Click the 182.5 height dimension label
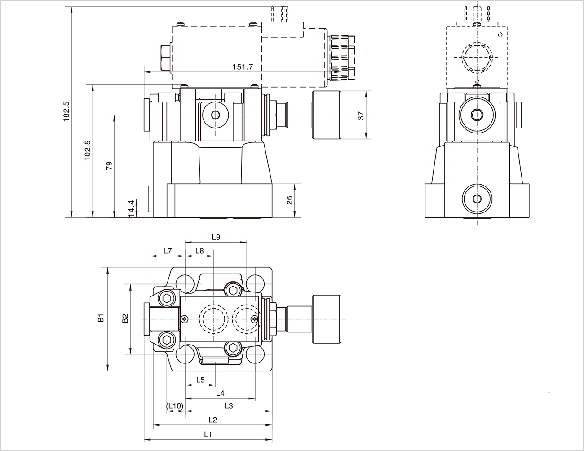[x=66, y=111]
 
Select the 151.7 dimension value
[x=243, y=66]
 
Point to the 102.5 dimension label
[x=88, y=150]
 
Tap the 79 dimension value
[x=109, y=166]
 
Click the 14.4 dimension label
[x=131, y=208]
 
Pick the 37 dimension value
[x=360, y=115]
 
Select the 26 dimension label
[x=289, y=200]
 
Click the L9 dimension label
[x=216, y=237]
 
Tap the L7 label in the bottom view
[x=168, y=251]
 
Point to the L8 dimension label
[x=199, y=251]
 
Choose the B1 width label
[x=102, y=318]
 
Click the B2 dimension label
[x=125, y=318]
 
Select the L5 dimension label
[x=200, y=380]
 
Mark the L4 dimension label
[x=220, y=393]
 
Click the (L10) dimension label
[x=175, y=406]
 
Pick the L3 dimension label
[x=229, y=406]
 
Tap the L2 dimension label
[x=213, y=420]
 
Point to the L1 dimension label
[x=208, y=434]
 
